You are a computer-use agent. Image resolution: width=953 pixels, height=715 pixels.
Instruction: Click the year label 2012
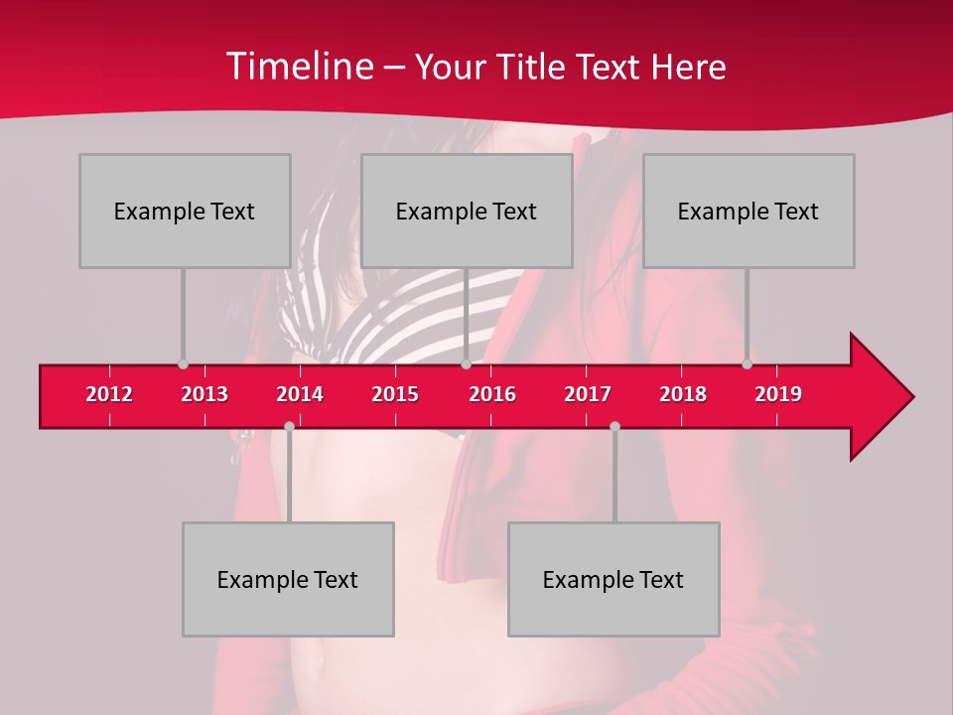coord(109,394)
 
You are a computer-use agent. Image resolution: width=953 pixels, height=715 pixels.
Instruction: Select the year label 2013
coord(204,394)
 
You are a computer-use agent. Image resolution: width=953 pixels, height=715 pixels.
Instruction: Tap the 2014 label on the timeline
coord(300,394)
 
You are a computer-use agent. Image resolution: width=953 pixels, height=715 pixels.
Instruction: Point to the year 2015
coord(395,394)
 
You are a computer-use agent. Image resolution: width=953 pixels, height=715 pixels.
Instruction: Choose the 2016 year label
coord(492,394)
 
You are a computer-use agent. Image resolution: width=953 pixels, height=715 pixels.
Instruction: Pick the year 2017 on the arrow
coord(588,394)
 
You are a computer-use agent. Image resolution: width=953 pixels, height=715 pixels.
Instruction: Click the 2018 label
coord(683,394)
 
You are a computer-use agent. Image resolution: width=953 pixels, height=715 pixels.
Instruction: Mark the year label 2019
coord(778,394)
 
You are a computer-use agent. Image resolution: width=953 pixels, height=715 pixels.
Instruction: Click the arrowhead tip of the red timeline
coord(911,397)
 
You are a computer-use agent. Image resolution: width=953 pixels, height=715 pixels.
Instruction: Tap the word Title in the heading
coord(532,67)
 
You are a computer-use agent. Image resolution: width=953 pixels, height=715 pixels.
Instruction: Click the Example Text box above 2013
coord(185,211)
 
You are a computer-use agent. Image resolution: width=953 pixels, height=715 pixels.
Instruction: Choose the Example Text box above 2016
coord(467,211)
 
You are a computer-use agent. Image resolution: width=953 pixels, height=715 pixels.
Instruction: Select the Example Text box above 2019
coord(749,211)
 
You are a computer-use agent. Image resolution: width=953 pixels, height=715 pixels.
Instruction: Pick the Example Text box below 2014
coord(288,579)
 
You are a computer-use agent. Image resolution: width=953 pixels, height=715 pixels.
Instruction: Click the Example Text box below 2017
coord(613,579)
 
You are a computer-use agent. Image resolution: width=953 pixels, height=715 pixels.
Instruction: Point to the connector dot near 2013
coord(183,364)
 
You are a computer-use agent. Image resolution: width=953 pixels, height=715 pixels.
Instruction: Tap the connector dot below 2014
coord(289,426)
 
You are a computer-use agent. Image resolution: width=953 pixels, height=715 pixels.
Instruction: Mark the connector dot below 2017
coord(614,426)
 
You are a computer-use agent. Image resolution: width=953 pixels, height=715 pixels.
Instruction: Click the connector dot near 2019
coord(747,364)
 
